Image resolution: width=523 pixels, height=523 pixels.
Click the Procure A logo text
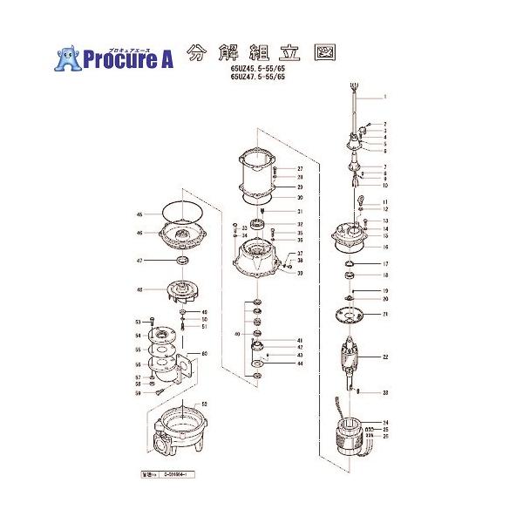pos(127,59)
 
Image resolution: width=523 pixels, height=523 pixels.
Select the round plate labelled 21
pos(350,314)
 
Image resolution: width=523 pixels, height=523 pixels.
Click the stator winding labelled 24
pos(349,435)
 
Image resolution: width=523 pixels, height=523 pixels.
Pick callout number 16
pos(384,247)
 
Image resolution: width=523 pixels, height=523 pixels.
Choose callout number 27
pos(299,168)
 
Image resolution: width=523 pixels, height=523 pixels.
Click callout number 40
pos(236,334)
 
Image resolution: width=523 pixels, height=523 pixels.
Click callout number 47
pos(139,261)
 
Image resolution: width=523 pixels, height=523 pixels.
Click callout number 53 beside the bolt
pos(138,322)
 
